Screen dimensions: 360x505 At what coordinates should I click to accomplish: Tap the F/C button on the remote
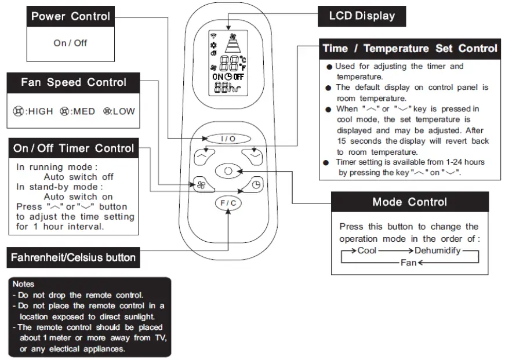pos(228,203)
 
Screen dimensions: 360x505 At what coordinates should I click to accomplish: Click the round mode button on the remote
pos(228,172)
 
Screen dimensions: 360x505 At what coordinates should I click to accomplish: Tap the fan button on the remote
pos(201,184)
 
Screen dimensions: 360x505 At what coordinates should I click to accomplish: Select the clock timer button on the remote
pos(256,184)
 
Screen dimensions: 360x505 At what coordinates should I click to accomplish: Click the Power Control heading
pos(71,16)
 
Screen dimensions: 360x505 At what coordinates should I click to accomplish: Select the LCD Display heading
pos(362,16)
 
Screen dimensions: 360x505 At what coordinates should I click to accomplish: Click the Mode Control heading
pos(409,202)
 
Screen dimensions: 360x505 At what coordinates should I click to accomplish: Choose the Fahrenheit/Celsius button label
pos(73,257)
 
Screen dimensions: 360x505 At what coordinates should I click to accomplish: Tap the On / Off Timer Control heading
pos(74,148)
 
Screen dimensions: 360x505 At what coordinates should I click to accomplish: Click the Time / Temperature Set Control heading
pos(410,48)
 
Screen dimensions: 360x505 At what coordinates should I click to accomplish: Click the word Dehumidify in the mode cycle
pos(437,250)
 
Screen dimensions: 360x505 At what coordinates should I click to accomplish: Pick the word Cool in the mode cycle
pos(366,250)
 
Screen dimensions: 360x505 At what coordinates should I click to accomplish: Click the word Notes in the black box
pos(23,284)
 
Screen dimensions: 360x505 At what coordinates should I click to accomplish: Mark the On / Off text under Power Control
pos(70,43)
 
